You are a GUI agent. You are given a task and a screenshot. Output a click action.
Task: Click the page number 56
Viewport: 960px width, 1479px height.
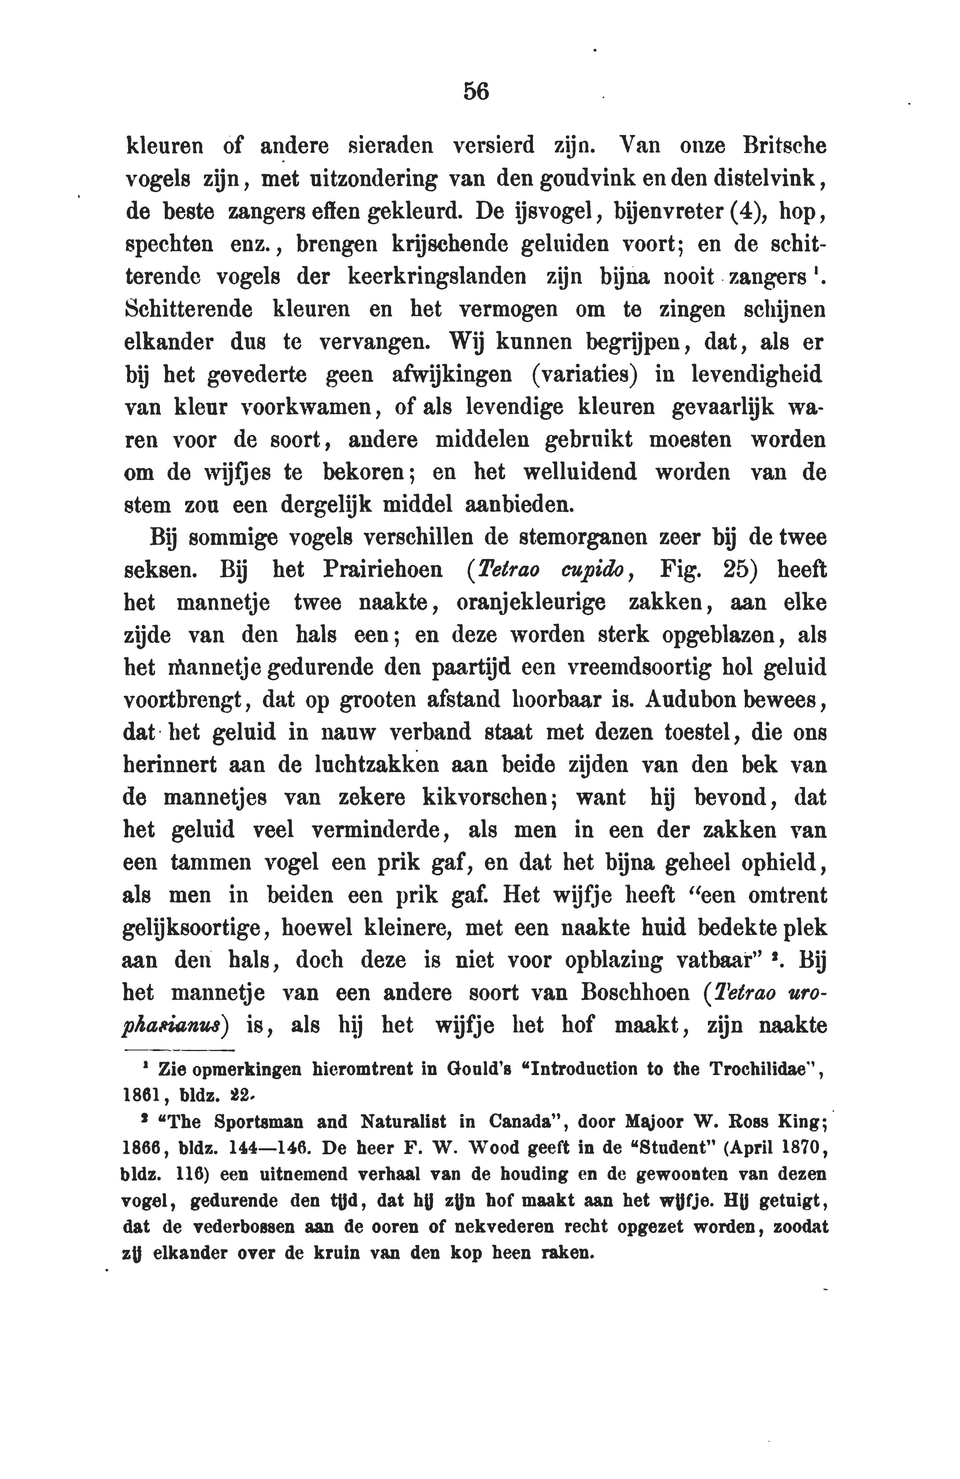coord(477,92)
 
